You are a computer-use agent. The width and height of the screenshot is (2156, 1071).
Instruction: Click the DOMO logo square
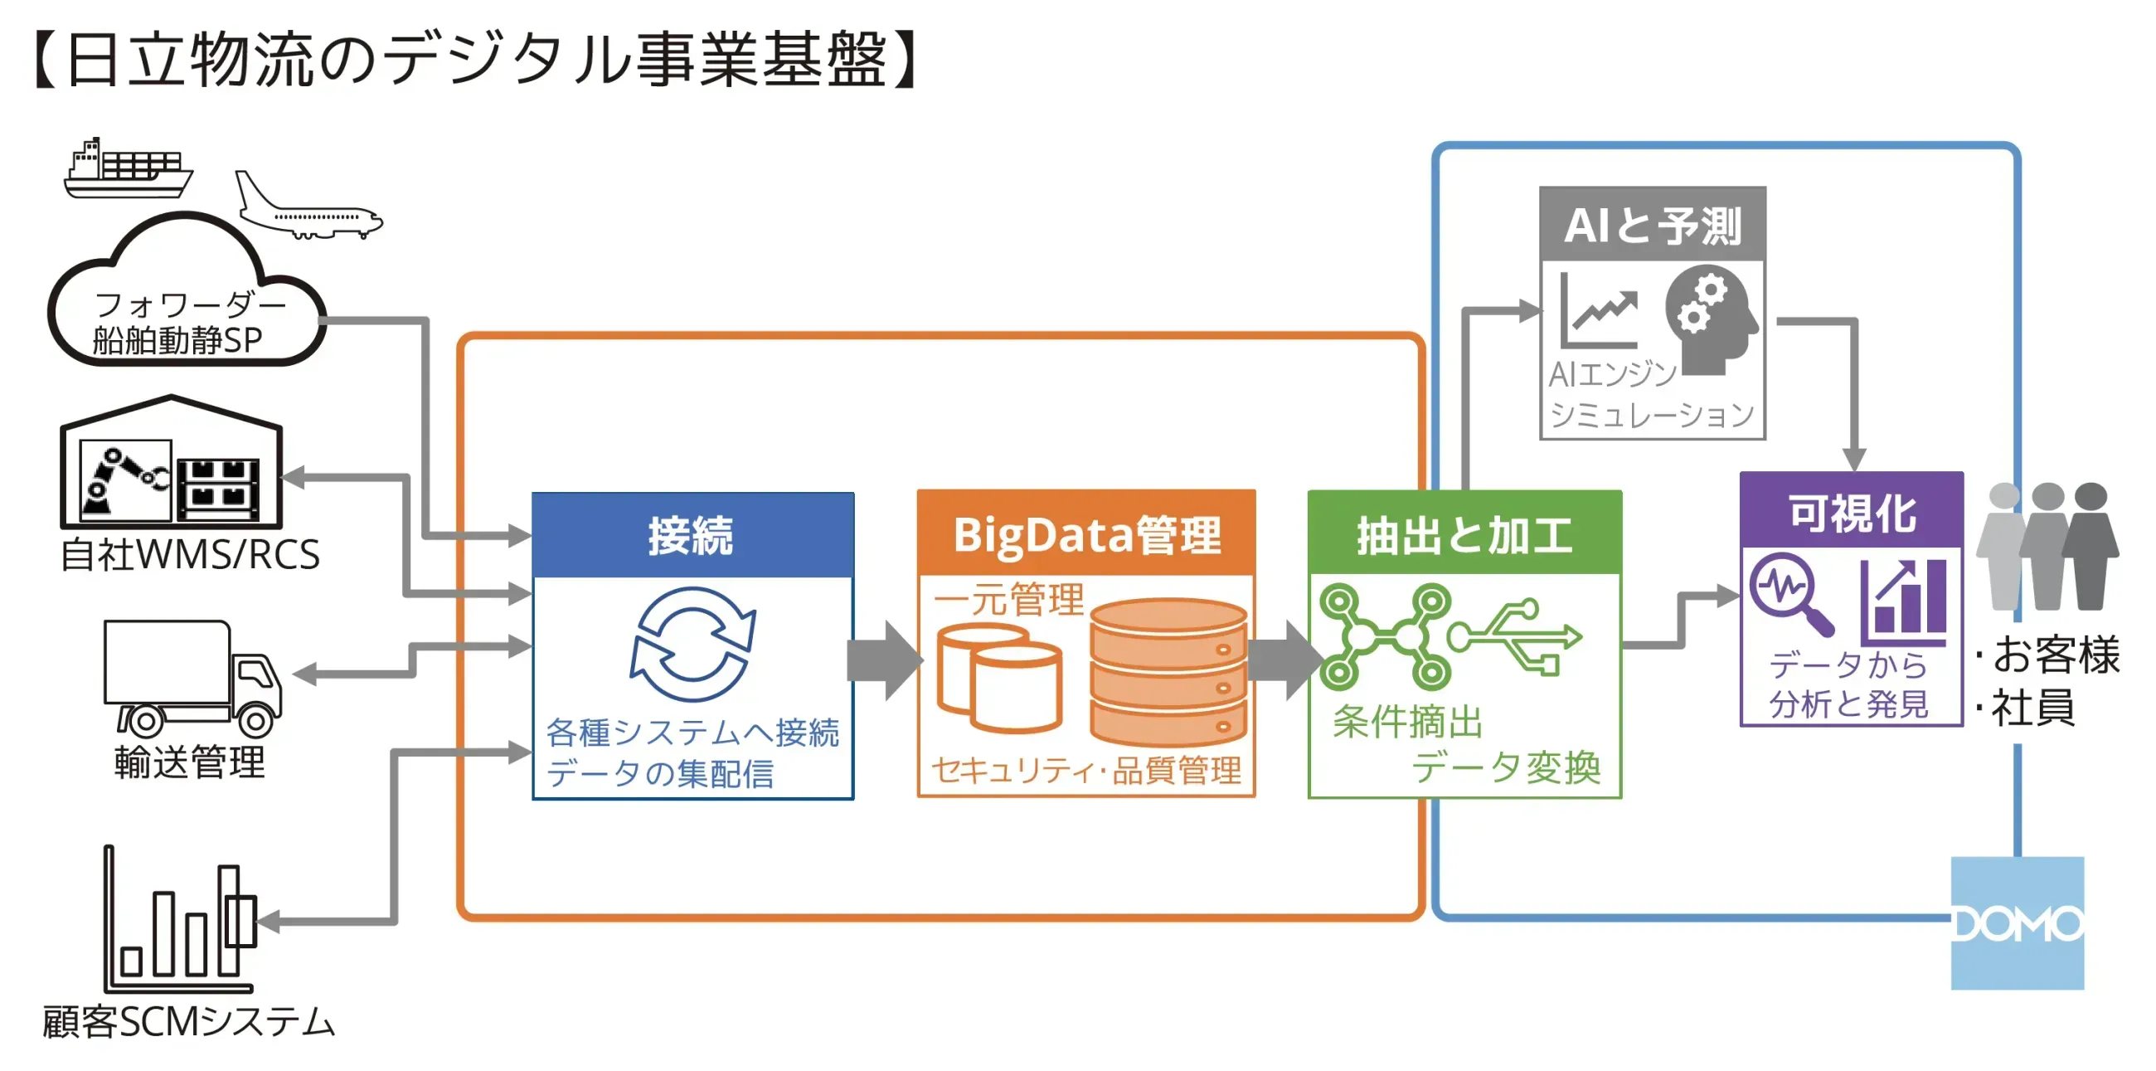[2016, 922]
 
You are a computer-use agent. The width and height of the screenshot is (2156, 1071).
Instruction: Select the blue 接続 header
[692, 535]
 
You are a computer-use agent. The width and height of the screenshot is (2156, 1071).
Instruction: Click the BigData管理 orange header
[1085, 533]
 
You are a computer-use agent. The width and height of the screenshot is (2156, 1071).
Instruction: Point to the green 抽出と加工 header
[1464, 533]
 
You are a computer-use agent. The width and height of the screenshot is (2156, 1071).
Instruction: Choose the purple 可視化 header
[1851, 511]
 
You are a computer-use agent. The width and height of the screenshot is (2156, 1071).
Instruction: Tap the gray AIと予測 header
[1652, 225]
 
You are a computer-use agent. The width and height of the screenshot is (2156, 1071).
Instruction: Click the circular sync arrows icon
[692, 644]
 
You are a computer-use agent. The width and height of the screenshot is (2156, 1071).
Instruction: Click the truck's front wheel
[256, 719]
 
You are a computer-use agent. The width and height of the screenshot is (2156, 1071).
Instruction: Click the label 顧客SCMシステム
[189, 1021]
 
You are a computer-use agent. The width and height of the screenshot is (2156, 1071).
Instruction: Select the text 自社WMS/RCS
[190, 554]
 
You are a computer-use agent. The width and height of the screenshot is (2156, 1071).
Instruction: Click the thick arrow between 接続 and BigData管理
[885, 660]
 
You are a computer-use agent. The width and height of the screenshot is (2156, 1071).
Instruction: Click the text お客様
[2054, 654]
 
